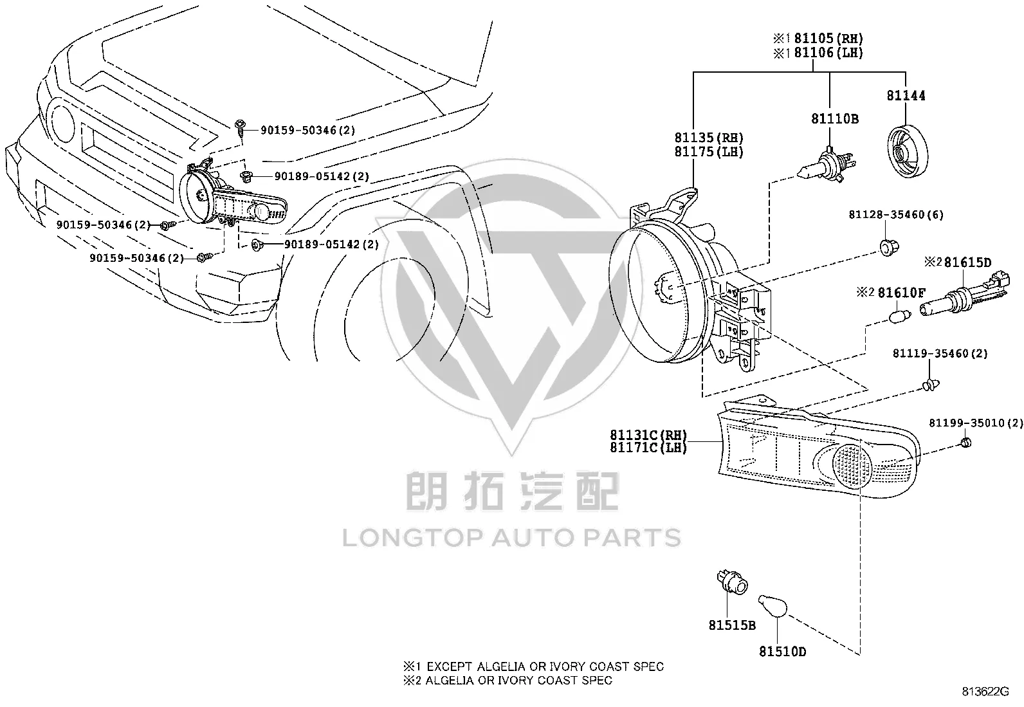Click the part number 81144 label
click(x=906, y=96)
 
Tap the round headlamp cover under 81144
click(x=908, y=151)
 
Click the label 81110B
click(x=835, y=119)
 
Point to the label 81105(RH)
click(x=828, y=39)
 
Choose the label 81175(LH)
click(x=709, y=152)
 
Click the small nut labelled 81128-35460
click(x=889, y=247)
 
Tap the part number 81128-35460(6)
click(x=896, y=214)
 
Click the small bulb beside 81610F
click(x=900, y=315)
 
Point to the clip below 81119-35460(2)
click(x=930, y=385)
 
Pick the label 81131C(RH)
click(x=648, y=434)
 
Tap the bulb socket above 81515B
click(x=732, y=583)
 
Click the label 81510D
click(x=783, y=652)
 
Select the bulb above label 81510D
click(x=773, y=606)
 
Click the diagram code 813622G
click(x=985, y=692)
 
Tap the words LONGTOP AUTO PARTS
click(x=511, y=538)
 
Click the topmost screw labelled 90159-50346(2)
click(x=240, y=127)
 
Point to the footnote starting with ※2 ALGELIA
click(x=507, y=681)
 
